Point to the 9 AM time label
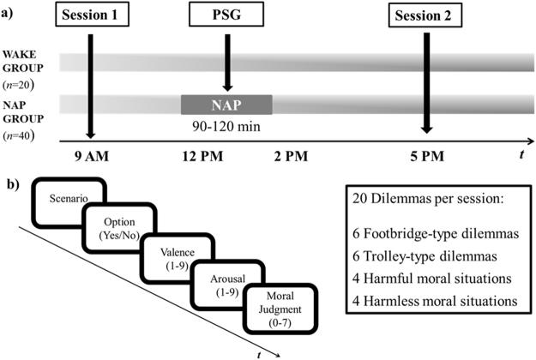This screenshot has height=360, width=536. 90,157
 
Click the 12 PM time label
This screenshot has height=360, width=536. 202,157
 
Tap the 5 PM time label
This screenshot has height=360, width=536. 426,157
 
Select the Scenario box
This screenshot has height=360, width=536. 68,201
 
